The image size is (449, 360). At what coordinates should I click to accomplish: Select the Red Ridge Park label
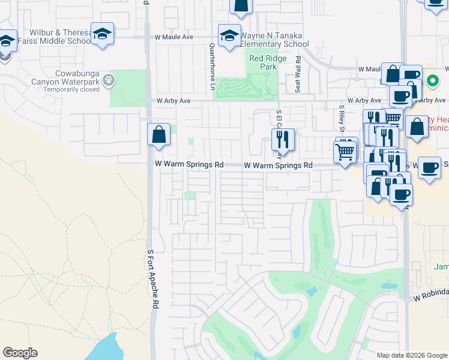click(264, 62)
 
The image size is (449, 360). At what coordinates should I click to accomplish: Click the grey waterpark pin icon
click(109, 79)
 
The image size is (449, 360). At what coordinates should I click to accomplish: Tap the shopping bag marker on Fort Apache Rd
click(159, 136)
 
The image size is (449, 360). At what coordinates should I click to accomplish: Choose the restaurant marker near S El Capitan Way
click(281, 140)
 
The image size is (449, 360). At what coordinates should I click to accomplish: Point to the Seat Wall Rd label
click(298, 74)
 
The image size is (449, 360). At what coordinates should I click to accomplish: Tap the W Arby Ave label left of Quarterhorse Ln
click(173, 101)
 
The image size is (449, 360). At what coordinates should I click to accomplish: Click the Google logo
click(20, 353)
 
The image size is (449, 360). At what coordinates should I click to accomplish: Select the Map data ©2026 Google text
click(411, 355)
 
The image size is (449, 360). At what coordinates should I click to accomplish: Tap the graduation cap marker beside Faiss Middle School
click(102, 35)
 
